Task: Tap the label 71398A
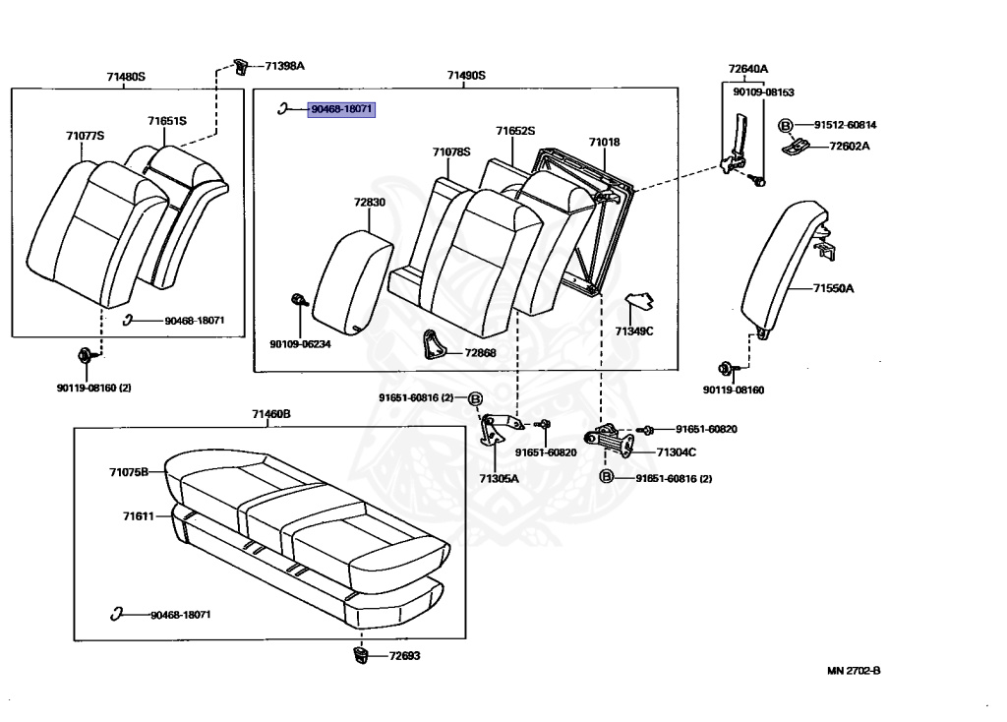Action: click(284, 66)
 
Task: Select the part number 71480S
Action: click(126, 76)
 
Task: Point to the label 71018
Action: click(604, 143)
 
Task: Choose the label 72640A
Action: click(747, 69)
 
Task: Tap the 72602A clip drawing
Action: click(799, 147)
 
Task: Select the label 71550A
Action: click(833, 288)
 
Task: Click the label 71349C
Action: click(634, 331)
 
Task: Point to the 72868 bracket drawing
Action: click(432, 343)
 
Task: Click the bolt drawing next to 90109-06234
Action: click(300, 300)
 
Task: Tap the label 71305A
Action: click(499, 478)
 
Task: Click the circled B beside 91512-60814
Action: click(786, 125)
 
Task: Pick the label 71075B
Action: click(128, 472)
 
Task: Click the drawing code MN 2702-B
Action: click(853, 670)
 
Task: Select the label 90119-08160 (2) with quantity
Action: click(93, 387)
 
